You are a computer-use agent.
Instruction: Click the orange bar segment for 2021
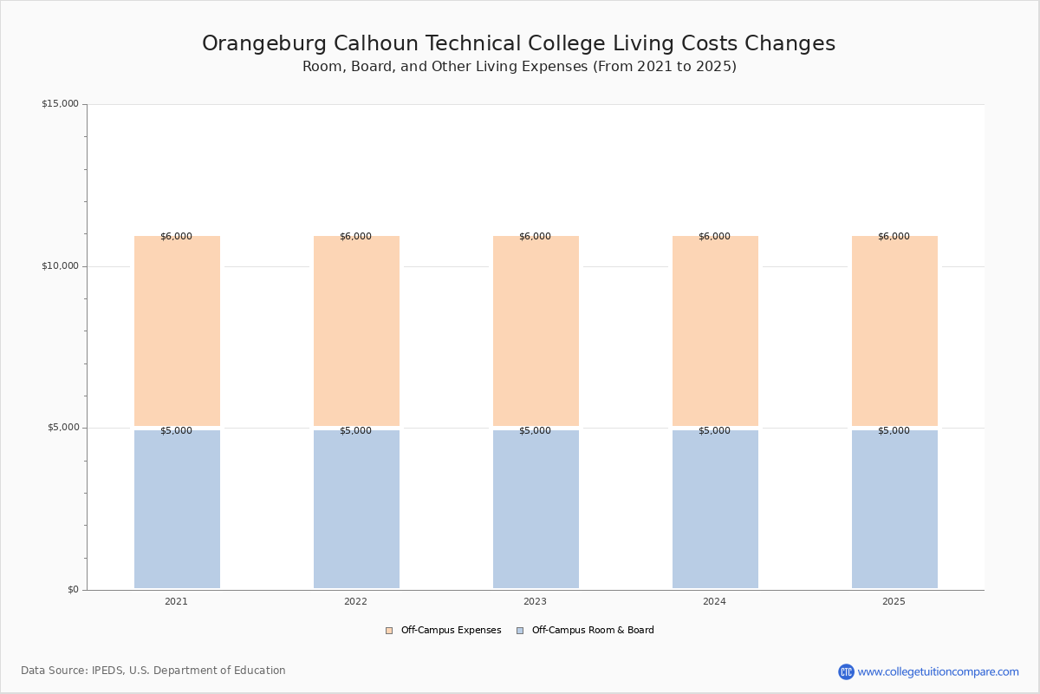177,331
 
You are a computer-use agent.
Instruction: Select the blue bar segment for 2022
356,509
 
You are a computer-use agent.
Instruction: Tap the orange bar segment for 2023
536,331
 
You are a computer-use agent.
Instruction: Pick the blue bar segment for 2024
715,509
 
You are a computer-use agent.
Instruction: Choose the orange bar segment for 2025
894,331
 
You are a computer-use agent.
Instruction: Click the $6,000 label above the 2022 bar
355,236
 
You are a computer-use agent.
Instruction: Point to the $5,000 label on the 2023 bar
535,430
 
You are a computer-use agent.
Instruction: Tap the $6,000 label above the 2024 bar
714,236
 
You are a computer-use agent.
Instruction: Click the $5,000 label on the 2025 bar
894,430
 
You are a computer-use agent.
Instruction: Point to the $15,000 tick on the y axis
61,103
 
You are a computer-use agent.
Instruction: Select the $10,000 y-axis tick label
61,265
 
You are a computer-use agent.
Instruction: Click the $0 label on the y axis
74,589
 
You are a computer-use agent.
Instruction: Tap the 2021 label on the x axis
177,601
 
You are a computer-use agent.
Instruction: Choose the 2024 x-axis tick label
714,601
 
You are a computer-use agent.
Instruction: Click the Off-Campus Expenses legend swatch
389,631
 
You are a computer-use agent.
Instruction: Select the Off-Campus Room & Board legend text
593,630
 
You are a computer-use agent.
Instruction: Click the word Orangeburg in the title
264,44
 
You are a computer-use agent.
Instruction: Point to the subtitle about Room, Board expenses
519,67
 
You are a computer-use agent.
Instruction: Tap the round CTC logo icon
846,671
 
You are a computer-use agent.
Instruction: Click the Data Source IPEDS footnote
153,671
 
